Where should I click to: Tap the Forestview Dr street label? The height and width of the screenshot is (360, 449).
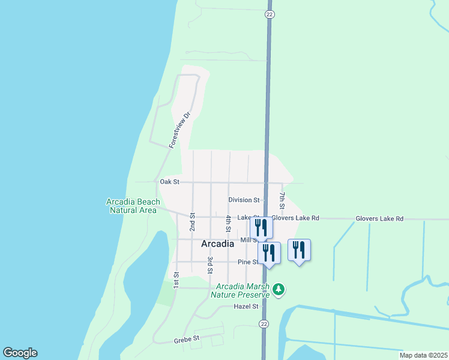pos(179,130)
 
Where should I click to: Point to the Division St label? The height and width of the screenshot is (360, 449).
pos(244,200)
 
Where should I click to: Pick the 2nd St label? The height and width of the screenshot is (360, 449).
pos(193,222)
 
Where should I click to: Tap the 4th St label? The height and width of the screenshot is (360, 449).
pos(229,224)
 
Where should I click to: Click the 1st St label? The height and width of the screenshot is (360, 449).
pos(177,280)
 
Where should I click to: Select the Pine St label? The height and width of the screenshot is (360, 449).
pos(247,262)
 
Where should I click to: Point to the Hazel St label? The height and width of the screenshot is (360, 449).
pos(246,306)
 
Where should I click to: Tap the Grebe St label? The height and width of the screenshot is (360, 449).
pos(187,339)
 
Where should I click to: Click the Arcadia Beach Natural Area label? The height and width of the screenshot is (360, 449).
pos(133,206)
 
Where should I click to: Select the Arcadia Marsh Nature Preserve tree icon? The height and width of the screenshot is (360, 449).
pos(278,290)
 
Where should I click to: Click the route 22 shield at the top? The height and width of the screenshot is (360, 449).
pos(269,14)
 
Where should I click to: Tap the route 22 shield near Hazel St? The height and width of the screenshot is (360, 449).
pos(264,324)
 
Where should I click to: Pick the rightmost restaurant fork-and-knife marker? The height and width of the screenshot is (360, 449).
pos(299,250)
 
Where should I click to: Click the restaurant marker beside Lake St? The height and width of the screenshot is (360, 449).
pos(261,227)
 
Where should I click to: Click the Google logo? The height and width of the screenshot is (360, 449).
pos(20,353)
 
